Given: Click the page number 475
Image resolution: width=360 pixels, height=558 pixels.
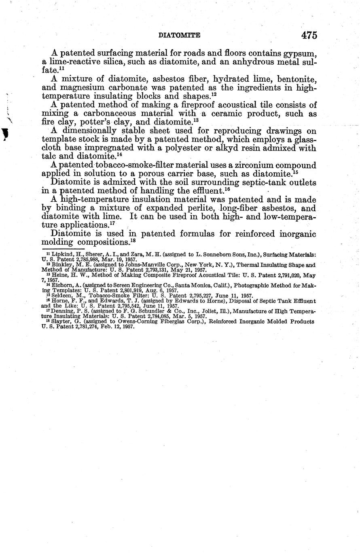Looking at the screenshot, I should (x=309, y=35).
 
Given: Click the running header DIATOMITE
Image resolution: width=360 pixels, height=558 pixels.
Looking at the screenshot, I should (x=179, y=36).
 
